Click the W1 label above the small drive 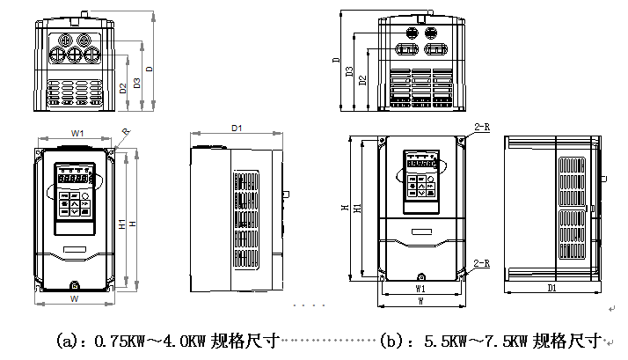coord(77,133)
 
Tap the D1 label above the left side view coord(237,129)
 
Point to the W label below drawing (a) coord(75,299)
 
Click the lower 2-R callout coord(481,263)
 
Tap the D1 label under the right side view coord(552,287)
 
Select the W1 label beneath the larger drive coord(420,287)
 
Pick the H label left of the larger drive coord(345,208)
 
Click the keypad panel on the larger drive coord(420,181)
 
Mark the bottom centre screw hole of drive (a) coord(74,284)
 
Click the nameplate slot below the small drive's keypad coord(74,250)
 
